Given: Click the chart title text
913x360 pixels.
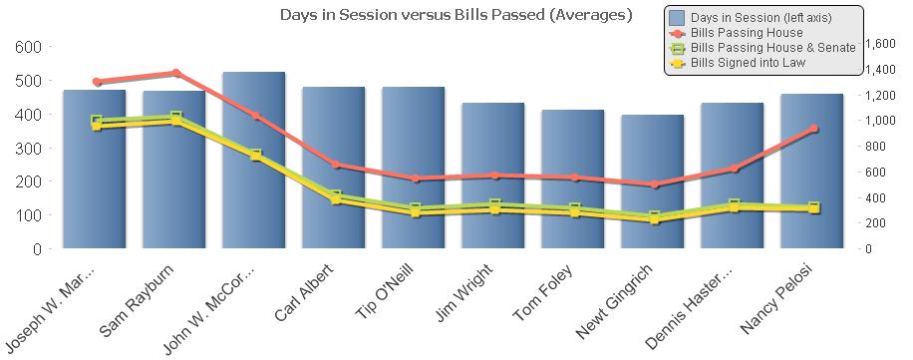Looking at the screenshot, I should point(456,15).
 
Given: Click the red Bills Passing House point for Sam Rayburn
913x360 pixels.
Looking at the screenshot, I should point(175,73).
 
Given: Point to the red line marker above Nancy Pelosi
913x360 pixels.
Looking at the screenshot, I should point(813,129).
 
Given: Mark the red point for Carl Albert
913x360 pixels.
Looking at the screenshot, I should point(335,165).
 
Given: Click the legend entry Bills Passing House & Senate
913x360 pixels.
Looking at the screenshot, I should point(772,48).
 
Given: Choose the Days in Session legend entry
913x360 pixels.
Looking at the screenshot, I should point(761,18).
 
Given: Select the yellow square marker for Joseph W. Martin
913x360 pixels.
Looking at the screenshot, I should point(97,126).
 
